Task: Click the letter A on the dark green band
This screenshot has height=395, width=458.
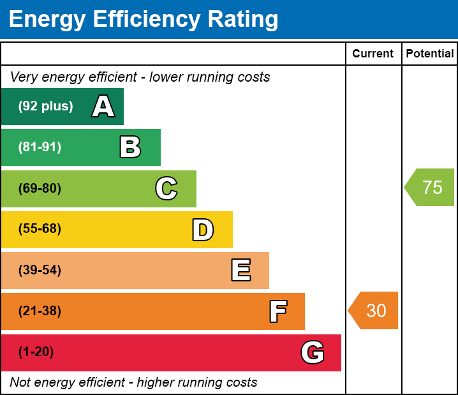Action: coord(103,107)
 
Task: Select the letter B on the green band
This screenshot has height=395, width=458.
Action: coord(130,147)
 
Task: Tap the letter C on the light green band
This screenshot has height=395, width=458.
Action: coord(166,188)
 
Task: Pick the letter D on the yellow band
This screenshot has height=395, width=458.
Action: coord(203,230)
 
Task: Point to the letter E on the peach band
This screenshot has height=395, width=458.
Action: coord(240,271)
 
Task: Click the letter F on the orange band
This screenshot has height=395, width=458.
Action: coord(277,311)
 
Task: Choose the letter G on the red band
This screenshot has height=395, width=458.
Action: coord(313,352)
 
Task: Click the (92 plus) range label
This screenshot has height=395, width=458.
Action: coord(45,107)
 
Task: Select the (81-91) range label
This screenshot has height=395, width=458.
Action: coord(40,147)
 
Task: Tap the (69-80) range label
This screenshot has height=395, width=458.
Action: coord(40,188)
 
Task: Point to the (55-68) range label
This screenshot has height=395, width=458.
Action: coord(40,229)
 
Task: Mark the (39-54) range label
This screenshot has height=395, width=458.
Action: coord(40,271)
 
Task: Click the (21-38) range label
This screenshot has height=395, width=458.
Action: coord(40,311)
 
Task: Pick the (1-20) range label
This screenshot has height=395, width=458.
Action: coord(36,352)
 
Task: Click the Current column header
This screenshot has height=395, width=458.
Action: coord(373,54)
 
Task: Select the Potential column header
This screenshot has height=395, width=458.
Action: coord(430,54)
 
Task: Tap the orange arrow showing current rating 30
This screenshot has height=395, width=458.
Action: coord(374,311)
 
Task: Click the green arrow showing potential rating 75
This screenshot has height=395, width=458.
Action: coord(430,188)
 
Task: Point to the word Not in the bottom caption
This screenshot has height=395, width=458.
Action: coord(20,382)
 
